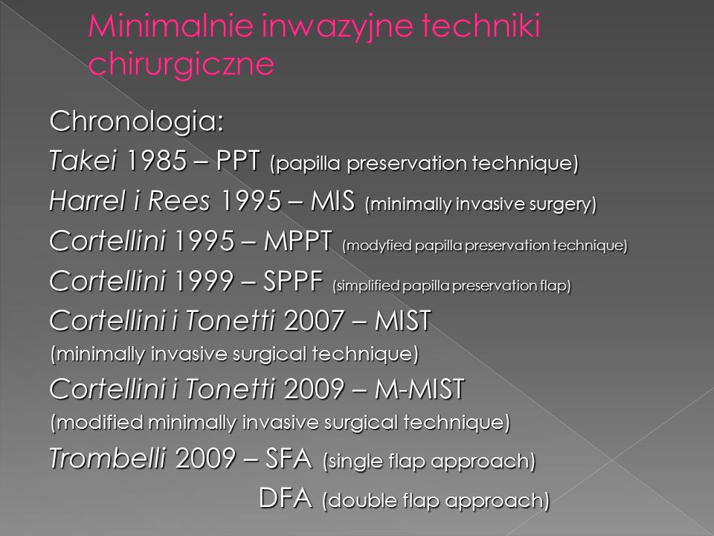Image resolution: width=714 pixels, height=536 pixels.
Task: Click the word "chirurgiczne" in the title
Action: click(x=181, y=64)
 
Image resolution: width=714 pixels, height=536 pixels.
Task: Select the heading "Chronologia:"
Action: click(x=137, y=121)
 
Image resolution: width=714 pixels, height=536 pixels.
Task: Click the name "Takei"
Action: click(x=83, y=160)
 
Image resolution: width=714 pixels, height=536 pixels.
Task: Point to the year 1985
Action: click(x=155, y=161)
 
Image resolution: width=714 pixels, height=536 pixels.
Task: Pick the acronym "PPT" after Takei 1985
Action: click(x=238, y=161)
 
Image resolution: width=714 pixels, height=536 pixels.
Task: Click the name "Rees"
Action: click(x=178, y=200)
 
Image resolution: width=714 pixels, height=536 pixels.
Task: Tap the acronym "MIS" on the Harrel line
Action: click(x=332, y=200)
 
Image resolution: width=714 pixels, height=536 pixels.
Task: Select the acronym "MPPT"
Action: click(x=297, y=240)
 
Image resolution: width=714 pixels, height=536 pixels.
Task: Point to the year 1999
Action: click(x=204, y=281)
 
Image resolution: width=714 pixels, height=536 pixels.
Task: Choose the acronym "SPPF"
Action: click(x=293, y=281)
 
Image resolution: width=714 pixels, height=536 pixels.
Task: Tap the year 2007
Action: click(x=313, y=320)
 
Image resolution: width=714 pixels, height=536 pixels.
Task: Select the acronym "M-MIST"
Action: click(x=419, y=389)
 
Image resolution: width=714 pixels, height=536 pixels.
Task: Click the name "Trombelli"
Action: click(x=107, y=458)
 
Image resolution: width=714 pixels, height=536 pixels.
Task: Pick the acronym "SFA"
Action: click(x=289, y=458)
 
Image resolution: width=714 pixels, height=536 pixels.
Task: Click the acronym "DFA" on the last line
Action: click(x=286, y=497)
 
